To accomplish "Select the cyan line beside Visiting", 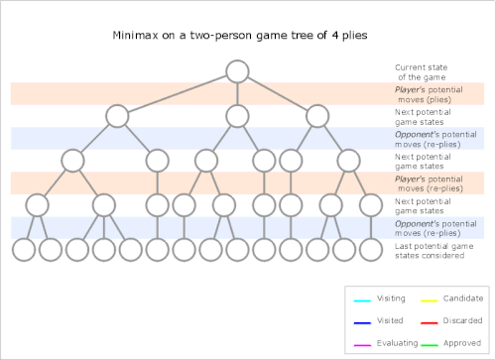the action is [x=362, y=300].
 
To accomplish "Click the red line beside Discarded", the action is [x=430, y=323].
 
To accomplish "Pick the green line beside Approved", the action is [x=430, y=345].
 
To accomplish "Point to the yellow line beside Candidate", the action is [x=430, y=300].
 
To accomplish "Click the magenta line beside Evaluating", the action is [x=362, y=345].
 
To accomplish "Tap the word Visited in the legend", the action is [x=390, y=320].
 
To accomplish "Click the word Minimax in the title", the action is [x=135, y=35].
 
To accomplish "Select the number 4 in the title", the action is [x=335, y=35].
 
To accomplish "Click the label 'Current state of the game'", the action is [x=422, y=72].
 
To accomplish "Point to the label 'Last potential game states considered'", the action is [x=434, y=251].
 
